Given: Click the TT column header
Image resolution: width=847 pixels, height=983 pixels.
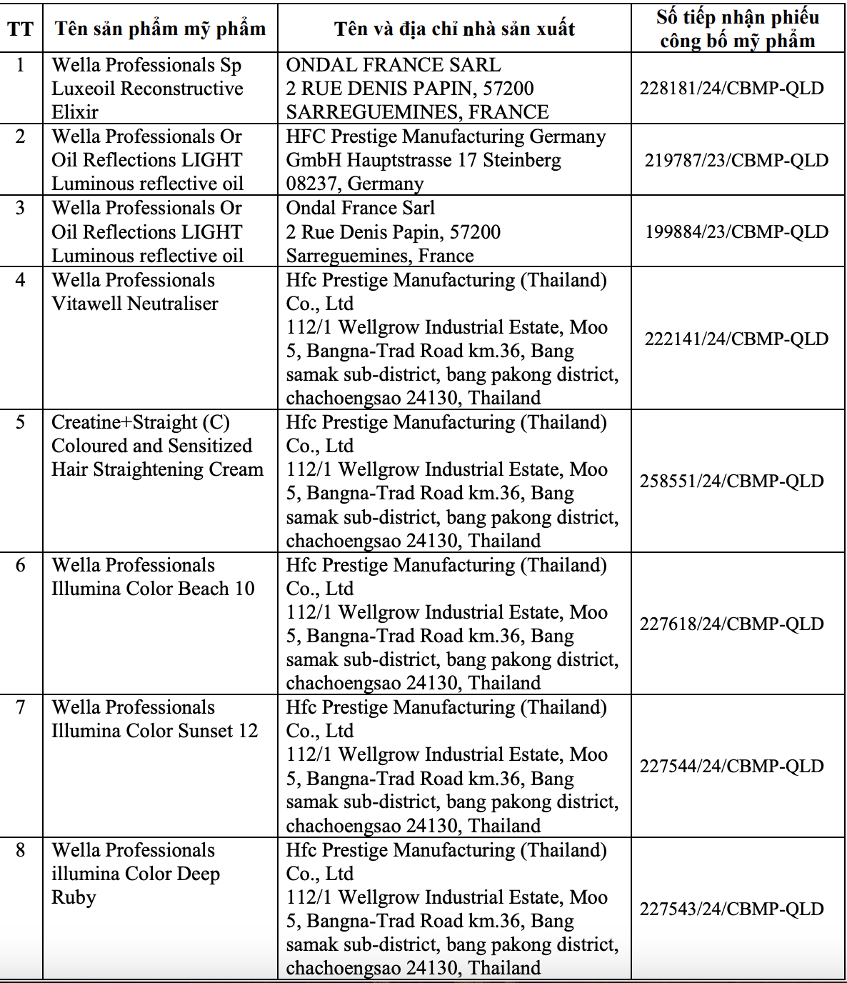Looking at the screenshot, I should point(20,29).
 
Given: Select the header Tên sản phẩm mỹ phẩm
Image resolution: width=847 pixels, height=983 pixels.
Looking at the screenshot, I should point(160,29).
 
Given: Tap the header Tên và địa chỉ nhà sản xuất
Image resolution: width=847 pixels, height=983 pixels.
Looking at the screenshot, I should point(454,29).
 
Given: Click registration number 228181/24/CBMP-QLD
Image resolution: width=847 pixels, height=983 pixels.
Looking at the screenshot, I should point(732,89).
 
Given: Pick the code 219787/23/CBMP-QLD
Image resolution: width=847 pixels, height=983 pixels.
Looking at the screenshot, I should point(736,160).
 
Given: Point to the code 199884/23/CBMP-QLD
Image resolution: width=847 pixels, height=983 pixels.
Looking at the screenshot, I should point(736,231).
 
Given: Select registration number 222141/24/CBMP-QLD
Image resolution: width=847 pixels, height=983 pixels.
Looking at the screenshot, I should point(736,339).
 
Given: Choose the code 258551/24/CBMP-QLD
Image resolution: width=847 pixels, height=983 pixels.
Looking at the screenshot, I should point(732,481).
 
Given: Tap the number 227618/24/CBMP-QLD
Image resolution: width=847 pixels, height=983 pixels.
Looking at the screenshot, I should point(732,624).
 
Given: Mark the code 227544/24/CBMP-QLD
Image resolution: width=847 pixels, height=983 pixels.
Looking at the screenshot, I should point(732,766).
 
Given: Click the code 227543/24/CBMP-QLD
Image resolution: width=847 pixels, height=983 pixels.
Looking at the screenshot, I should point(732,909).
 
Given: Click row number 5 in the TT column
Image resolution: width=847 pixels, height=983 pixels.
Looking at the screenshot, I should point(20,422).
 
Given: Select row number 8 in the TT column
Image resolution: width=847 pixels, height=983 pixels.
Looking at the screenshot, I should point(20,850).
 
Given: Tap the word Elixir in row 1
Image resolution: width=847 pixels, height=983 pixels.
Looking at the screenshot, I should point(75,112).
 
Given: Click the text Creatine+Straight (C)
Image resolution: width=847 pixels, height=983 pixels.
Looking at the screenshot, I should point(140,422).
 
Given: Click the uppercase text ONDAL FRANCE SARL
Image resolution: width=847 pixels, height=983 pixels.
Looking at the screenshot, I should point(394,65).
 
